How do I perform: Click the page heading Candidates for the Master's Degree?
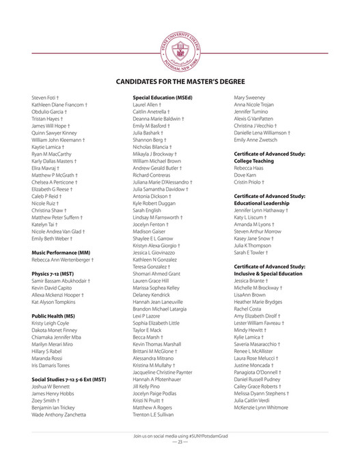point(180,82)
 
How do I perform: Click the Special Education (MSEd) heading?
point(163,98)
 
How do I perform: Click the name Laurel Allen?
point(148,104)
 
